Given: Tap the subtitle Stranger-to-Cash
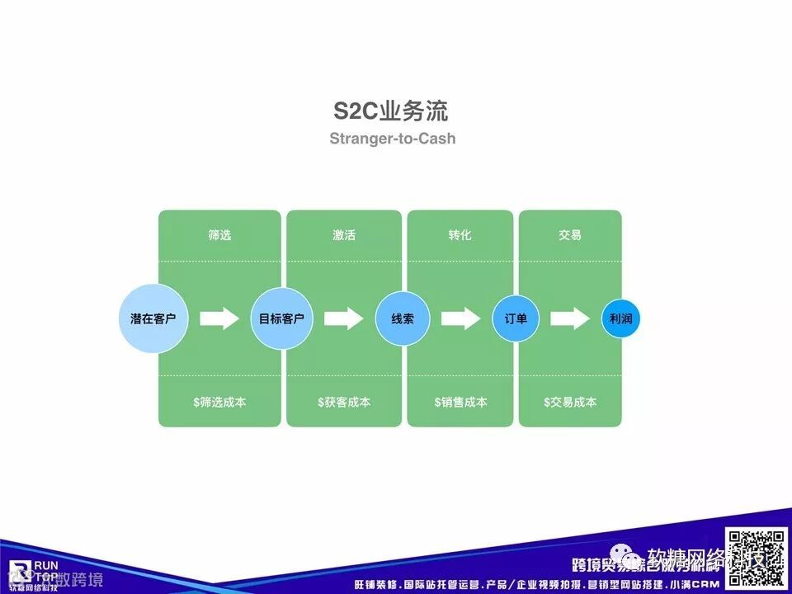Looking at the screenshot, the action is coord(392,138).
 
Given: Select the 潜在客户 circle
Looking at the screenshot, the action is coord(153,318).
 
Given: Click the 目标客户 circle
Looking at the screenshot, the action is coord(281,318).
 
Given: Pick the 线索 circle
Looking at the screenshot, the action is coord(403,318).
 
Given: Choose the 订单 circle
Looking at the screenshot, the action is coord(516,318).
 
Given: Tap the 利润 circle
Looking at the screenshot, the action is coord(620,318).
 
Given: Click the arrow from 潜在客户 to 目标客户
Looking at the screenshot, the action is coord(219,318).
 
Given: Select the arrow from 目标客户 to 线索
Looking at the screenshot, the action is coord(343,318).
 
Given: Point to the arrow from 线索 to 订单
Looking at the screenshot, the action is coord(460,318).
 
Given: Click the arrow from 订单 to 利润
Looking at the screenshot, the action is coord(570,318).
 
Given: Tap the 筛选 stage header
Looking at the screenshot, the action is coord(219,235).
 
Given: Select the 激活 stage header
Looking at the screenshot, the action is coord(344,235).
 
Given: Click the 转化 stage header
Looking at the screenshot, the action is coord(460,235).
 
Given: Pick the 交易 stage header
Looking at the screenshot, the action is coord(570,235).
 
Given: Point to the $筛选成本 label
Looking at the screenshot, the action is coord(219,403).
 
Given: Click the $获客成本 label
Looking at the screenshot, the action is coord(344,403).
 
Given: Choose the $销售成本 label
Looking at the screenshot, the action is coord(460,403).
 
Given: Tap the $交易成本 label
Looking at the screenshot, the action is coord(570,403).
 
